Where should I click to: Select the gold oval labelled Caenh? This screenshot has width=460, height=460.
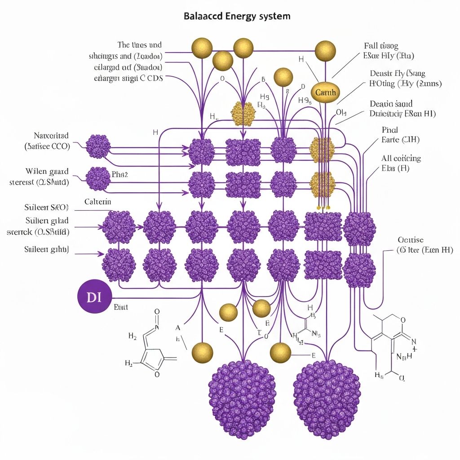(x=326, y=93)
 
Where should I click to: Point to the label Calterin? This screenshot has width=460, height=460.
(x=97, y=202)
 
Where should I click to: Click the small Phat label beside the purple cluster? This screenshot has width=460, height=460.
(x=120, y=175)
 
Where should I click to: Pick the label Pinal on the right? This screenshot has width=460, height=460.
(x=390, y=130)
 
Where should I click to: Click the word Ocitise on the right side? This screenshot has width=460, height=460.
(x=411, y=240)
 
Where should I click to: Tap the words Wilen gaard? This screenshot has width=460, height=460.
(x=47, y=171)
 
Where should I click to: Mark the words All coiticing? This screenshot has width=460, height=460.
(x=401, y=158)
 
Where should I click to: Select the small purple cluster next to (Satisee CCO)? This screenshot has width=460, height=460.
(x=97, y=146)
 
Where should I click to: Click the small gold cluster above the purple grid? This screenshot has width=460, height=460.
(x=243, y=113)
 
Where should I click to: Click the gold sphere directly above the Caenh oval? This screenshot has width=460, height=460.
(x=325, y=51)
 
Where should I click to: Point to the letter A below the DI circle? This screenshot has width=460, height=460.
(x=178, y=327)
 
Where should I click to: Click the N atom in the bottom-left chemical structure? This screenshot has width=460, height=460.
(x=157, y=328)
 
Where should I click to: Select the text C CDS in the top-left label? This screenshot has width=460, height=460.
(x=150, y=77)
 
